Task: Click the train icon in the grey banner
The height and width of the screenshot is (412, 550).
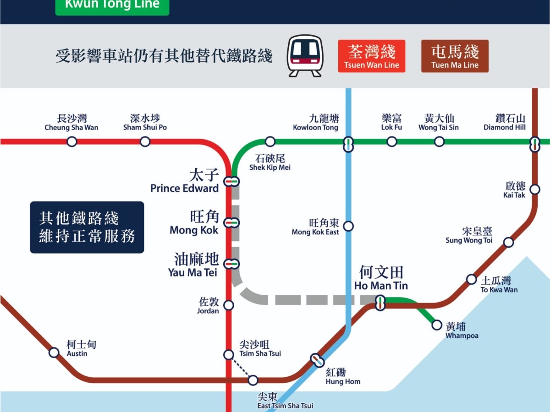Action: [305, 56]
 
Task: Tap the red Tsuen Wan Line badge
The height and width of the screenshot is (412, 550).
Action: [372, 56]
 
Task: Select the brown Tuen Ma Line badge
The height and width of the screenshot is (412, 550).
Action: [455, 56]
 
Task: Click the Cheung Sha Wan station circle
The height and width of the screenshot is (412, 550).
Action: [71, 141]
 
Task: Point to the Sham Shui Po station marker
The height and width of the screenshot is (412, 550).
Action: [145, 141]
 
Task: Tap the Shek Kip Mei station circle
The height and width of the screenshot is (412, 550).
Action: [270, 141]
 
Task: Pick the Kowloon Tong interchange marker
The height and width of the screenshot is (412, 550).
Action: [348, 144]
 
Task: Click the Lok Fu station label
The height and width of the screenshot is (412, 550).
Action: [391, 122]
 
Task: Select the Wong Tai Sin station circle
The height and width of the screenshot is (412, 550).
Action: [439, 141]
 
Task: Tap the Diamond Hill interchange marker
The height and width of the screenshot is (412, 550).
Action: [534, 144]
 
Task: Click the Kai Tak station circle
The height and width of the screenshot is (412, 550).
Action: [534, 189]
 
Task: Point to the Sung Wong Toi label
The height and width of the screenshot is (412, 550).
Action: [469, 236]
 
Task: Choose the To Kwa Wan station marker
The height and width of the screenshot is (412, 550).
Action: [471, 279]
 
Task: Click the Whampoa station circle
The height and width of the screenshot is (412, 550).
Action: [437, 325]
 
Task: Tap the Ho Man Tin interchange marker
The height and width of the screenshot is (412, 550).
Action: [380, 303]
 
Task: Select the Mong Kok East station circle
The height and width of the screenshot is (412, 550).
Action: [348, 226]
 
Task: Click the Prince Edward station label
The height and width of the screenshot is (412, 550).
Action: [184, 182]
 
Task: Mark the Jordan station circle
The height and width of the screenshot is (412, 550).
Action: [228, 305]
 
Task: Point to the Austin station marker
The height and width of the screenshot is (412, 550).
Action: [54, 352]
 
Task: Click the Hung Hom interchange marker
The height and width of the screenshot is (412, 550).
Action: [317, 360]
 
